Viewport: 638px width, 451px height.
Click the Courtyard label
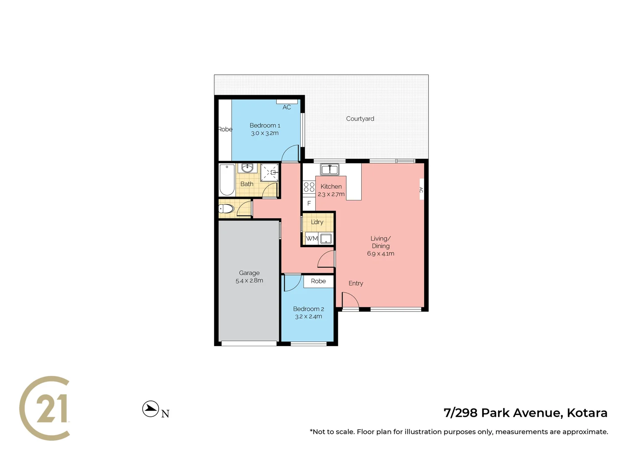tap(360, 119)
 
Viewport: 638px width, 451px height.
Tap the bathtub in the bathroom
tap(227, 180)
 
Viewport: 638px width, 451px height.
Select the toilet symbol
tap(226, 208)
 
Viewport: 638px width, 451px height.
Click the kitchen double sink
tap(329, 170)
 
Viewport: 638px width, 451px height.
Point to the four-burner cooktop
tap(309, 187)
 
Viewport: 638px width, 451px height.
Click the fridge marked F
tap(309, 203)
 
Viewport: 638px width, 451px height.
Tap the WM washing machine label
tap(311, 238)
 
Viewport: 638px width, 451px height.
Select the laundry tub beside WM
tap(326, 238)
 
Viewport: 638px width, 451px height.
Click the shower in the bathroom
tap(269, 172)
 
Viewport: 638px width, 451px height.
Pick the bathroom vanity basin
tap(248, 168)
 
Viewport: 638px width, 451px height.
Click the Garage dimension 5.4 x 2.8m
tap(249, 281)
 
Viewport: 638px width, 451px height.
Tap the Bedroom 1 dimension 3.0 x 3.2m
tap(265, 133)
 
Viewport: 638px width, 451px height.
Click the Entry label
tap(356, 283)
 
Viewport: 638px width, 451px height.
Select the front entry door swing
tap(349, 300)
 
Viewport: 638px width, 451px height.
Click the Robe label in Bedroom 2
tap(318, 281)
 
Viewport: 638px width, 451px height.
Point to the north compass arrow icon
tap(150, 409)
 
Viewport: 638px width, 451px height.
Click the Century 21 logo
tap(45, 408)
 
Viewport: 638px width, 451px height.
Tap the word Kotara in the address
tap(587, 413)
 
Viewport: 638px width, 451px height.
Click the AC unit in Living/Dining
tap(421, 190)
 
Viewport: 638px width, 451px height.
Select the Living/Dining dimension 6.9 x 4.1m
tap(380, 253)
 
